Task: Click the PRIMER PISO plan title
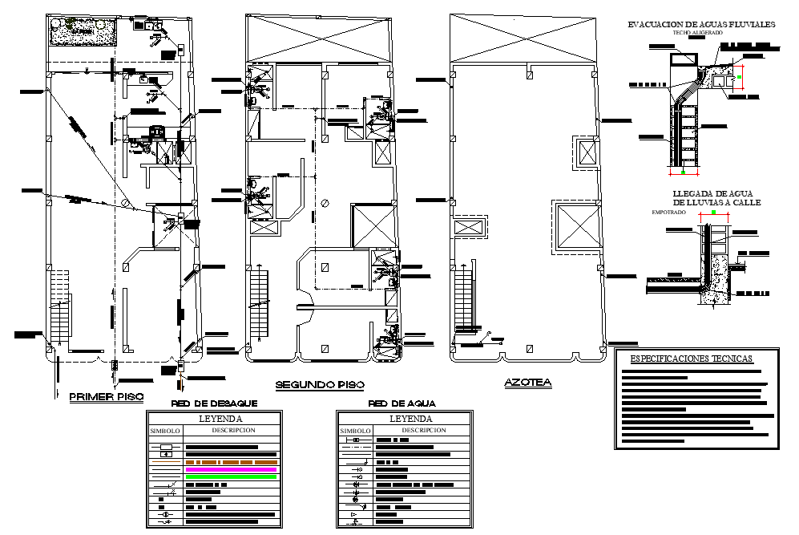[106, 397]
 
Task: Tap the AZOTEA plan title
[527, 383]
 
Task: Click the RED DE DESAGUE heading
[214, 403]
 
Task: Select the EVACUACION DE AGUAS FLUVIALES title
[701, 25]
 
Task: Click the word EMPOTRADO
[670, 213]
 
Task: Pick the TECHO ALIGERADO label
[697, 33]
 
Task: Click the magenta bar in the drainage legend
[231, 469]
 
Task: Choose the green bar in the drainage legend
[231, 477]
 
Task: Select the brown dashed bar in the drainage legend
[231, 462]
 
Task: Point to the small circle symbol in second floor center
[325, 203]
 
